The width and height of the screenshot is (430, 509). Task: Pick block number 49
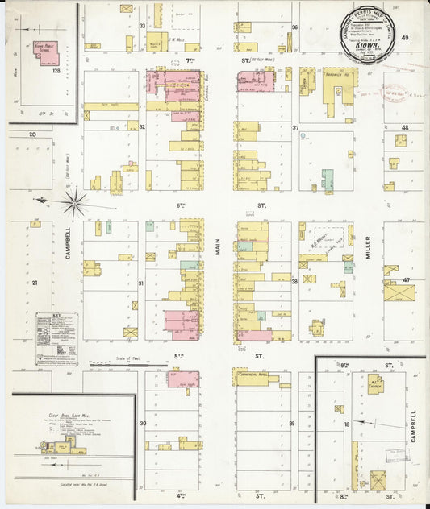point(405,38)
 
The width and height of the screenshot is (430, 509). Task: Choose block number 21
point(35,283)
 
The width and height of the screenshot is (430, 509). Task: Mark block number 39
point(293,423)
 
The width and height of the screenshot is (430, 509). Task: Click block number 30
point(143,423)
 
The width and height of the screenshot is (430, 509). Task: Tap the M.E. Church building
point(374,384)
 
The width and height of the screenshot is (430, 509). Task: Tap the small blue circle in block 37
point(303,136)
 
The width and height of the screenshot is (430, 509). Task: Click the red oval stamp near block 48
point(395,94)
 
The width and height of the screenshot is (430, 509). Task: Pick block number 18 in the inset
point(347,423)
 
